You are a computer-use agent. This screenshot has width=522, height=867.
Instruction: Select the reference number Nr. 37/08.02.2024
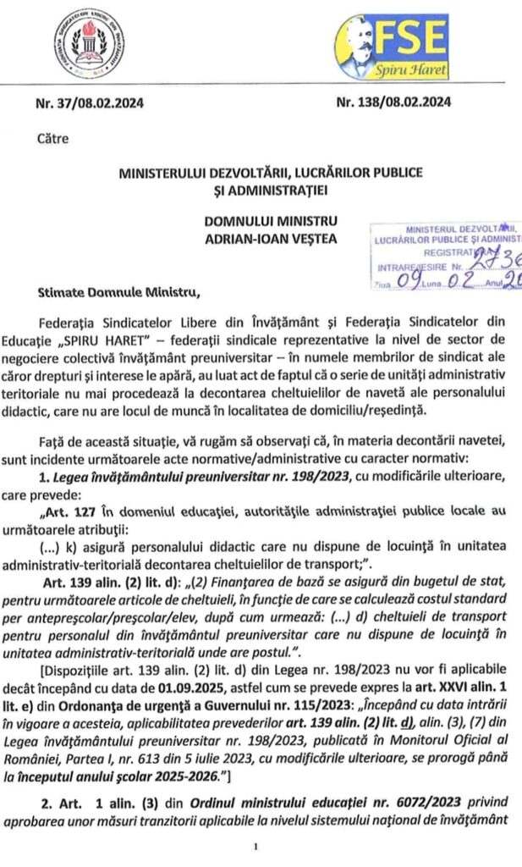(90, 104)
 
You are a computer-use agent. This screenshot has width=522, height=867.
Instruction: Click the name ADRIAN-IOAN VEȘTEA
(271, 238)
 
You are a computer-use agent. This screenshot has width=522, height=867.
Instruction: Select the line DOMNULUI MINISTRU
(271, 222)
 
